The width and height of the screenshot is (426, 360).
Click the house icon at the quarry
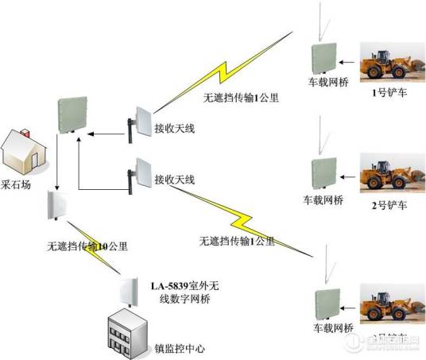23,149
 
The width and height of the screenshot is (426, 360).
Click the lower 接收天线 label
174,180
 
